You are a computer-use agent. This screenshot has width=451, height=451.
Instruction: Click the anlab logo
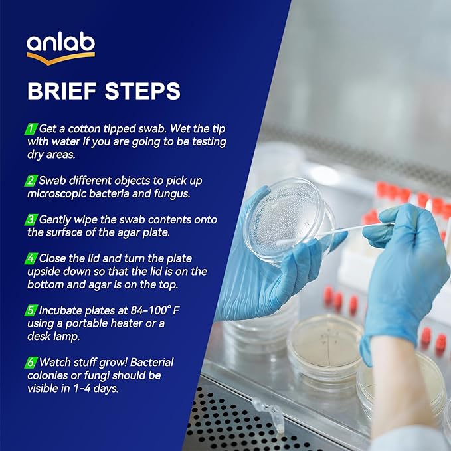pos(60,46)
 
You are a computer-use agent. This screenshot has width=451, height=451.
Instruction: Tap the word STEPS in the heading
pos(145,90)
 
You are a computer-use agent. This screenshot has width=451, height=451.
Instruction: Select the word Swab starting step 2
pos(52,181)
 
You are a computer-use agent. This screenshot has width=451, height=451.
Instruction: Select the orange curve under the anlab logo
pos(60,59)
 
